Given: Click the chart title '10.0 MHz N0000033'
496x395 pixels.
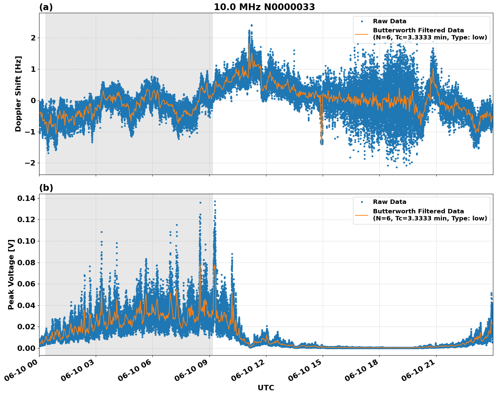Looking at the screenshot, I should point(264,7).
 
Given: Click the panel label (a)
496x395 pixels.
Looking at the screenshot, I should point(46,7).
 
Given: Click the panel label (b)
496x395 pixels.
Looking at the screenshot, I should point(46,188).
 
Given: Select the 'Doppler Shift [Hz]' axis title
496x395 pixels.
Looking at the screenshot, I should point(18,94).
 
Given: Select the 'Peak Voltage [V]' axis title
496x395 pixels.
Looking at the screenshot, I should point(11,274).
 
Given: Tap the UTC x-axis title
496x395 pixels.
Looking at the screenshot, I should point(266,388).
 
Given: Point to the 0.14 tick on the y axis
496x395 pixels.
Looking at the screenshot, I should point(26,199).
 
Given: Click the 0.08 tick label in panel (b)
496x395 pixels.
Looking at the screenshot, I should point(26,263).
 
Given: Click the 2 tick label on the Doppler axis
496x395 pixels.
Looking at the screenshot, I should point(33,38).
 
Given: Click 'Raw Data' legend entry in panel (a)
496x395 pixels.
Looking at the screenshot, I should point(389,21).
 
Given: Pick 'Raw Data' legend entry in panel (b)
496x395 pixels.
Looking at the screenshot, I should point(389,202).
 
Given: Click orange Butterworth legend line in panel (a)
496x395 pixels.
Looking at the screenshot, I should point(361,34).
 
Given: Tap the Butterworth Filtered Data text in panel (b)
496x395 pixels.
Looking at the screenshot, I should point(418,211).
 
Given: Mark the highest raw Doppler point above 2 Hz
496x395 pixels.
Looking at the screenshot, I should point(252,25).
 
